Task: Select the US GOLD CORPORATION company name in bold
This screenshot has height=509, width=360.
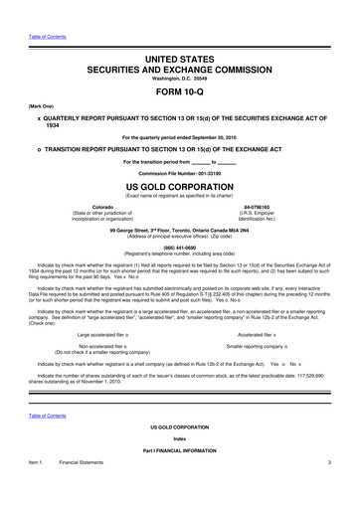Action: (179, 185)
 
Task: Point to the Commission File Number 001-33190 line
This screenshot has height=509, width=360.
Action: (179, 172)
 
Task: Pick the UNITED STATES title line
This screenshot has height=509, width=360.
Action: (179, 35)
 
